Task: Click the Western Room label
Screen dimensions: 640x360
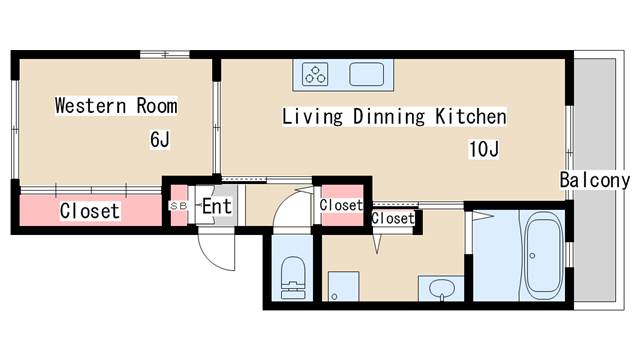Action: pos(116,106)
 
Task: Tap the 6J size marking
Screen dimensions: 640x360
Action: pos(160,140)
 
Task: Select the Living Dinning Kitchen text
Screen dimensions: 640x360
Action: pos(394,116)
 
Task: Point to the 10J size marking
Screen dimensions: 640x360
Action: pos(484,149)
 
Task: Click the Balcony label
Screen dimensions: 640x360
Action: pos(595,180)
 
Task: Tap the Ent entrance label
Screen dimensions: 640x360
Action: pos(217,206)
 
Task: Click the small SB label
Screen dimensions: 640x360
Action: pos(178,206)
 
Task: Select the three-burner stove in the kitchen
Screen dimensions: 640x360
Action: pos(315,74)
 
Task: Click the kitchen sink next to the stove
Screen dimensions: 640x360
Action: pos(367,74)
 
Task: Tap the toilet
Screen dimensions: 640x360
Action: pos(293,278)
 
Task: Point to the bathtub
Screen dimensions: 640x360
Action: pos(543,255)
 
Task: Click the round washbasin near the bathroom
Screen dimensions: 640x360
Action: pos(442,289)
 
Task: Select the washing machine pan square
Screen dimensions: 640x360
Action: pos(344,286)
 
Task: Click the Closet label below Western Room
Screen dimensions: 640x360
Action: pos(90,211)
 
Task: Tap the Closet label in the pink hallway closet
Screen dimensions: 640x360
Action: pos(341,205)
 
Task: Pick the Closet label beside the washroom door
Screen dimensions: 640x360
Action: pos(393,218)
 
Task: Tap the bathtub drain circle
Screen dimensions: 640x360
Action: pos(532,256)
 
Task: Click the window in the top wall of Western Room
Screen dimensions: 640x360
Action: pos(165,54)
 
